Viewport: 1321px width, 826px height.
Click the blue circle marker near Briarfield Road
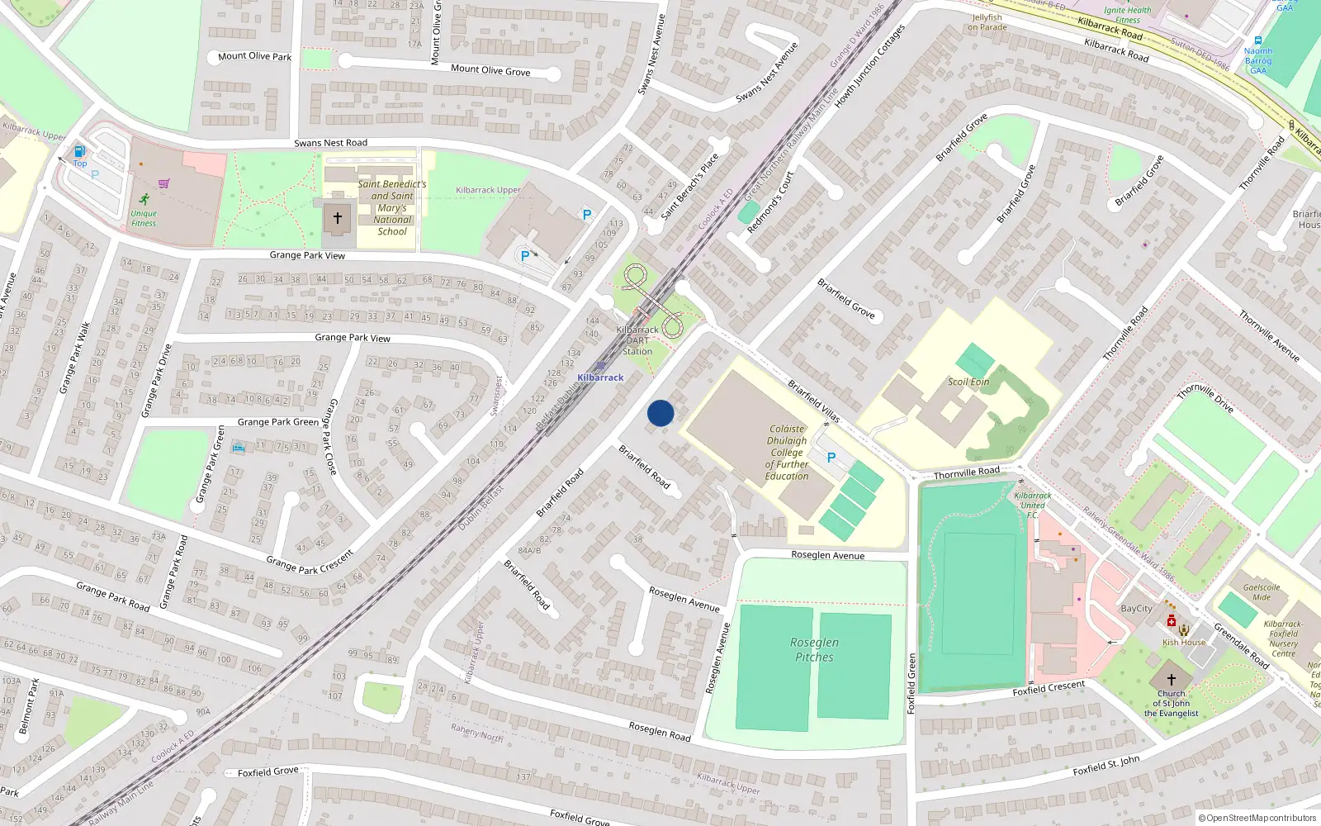660,413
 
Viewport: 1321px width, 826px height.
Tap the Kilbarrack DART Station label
637,340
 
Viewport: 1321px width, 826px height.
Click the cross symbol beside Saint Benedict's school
337,219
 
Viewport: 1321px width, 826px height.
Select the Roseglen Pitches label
814,650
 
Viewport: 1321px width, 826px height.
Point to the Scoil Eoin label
968,382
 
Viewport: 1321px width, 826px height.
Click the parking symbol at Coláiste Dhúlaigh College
831,458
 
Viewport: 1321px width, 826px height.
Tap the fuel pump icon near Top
80,151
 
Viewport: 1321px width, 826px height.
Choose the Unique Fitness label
144,218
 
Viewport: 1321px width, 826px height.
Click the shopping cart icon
163,183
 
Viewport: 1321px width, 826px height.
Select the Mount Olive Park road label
254,56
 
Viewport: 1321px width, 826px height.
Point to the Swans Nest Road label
330,143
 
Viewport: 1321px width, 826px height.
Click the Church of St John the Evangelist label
1171,704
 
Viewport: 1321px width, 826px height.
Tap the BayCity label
1136,609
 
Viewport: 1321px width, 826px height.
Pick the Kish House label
1184,642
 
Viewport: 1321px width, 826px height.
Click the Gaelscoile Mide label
1262,592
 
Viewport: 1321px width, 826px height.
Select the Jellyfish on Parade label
987,22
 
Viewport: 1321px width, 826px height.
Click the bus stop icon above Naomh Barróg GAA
1257,40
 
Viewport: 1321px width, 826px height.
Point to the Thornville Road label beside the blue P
966,472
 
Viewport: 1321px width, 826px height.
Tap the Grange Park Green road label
277,422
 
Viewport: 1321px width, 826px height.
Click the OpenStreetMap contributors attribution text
1257,819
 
